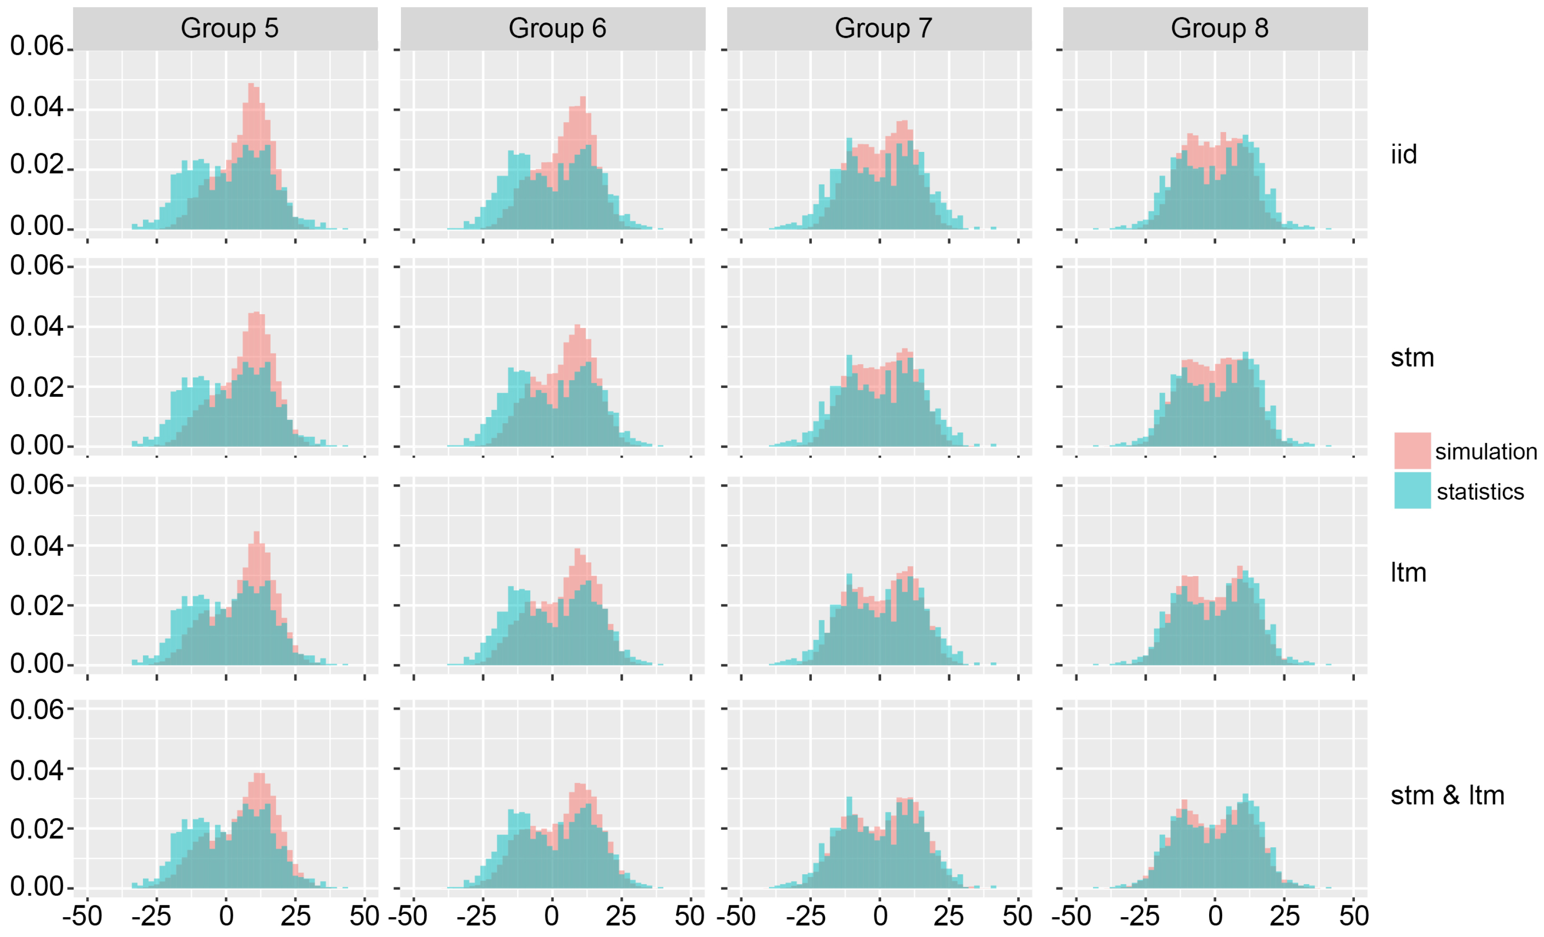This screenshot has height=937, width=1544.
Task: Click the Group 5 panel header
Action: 229,29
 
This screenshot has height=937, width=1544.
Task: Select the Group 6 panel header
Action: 557,29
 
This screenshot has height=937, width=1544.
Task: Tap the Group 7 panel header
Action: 883,29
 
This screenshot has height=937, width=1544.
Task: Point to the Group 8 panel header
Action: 1219,29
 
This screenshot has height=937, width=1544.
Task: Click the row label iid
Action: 1403,155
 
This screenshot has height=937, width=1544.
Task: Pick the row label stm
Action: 1412,358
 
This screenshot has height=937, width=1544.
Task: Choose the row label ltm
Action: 1408,573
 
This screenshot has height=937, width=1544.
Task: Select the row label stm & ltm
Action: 1447,795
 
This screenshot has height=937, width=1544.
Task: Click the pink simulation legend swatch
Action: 1412,451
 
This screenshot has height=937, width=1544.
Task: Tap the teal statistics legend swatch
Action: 1412,490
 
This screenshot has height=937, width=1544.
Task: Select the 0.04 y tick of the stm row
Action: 36,326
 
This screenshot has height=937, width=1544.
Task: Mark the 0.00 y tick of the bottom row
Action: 36,887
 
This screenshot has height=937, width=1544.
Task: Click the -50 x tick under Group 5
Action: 82,916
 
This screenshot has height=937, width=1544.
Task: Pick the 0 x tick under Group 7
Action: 880,916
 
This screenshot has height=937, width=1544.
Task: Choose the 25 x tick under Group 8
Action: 1284,916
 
